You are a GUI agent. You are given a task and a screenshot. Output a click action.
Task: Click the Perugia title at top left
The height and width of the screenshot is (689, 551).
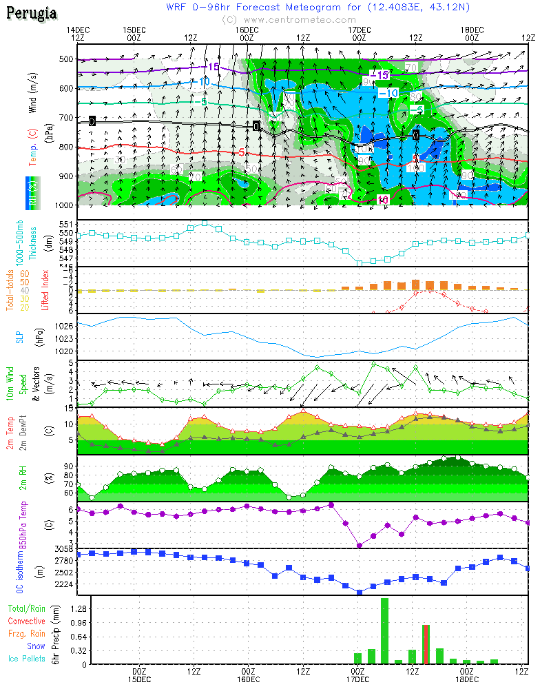[32, 14]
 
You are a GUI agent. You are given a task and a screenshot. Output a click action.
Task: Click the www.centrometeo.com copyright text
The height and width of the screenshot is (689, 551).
[289, 20]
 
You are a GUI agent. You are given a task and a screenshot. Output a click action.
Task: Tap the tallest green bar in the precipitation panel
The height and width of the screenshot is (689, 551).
[384, 630]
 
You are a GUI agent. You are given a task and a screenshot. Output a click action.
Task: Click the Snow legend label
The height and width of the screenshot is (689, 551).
[36, 646]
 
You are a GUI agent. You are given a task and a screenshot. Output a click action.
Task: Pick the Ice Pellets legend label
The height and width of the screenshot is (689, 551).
[27, 659]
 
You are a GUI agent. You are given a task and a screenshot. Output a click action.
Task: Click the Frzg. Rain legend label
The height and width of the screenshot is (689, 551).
[27, 634]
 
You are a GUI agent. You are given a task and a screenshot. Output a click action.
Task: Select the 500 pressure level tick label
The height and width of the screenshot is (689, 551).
[65, 59]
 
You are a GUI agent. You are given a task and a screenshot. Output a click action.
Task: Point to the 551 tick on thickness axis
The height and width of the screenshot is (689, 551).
[65, 225]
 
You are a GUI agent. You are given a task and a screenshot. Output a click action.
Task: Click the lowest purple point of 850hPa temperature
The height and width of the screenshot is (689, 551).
[360, 546]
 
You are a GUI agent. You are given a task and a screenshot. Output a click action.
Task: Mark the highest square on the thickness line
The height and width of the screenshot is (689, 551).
[205, 223]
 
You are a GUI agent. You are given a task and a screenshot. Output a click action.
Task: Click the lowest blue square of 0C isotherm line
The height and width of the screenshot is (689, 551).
[360, 592]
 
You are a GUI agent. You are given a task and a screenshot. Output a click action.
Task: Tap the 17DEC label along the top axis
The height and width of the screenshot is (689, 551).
[359, 30]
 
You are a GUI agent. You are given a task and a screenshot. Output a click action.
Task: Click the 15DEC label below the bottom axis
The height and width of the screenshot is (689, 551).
[139, 679]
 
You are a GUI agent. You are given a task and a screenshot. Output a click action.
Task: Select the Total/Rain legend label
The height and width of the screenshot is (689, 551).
[27, 609]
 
